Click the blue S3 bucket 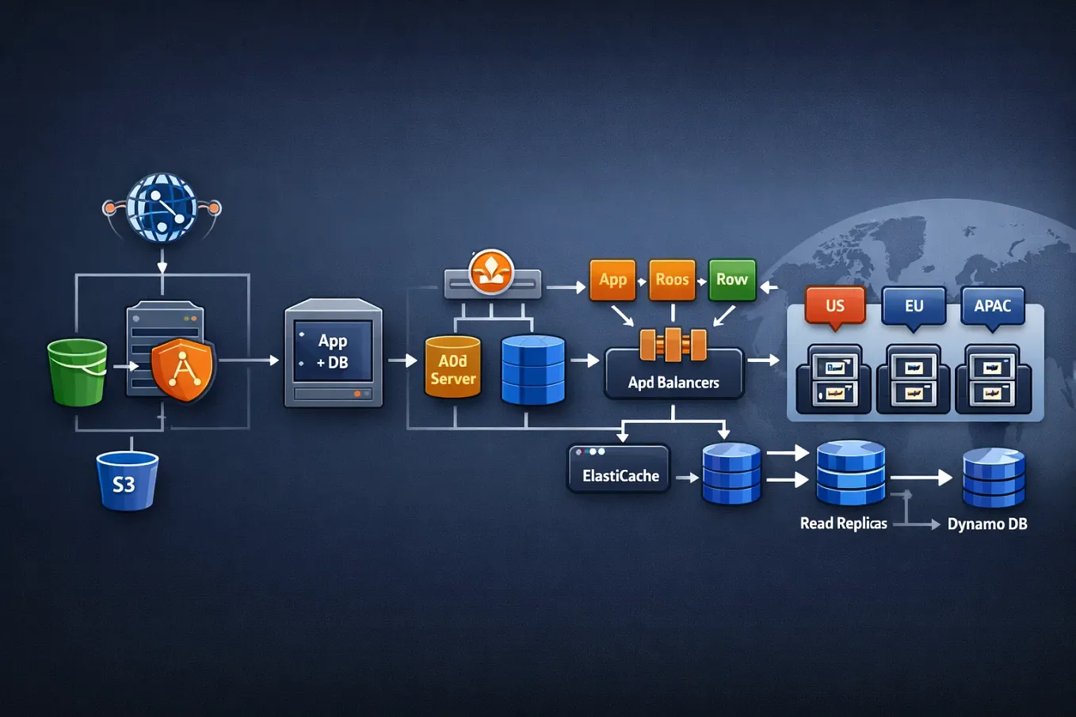tap(127, 481)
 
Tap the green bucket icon tap(77, 372)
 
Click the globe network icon tap(162, 208)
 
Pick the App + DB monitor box tap(334, 353)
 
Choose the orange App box tap(612, 280)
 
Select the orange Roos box tap(672, 280)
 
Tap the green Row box tap(731, 280)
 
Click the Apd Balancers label tap(673, 383)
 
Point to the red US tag tap(835, 306)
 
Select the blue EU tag tap(914, 306)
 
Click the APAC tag tap(992, 306)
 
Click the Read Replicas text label tap(843, 524)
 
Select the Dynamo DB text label tap(987, 524)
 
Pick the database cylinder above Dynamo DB tap(994, 477)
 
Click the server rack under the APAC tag tap(993, 379)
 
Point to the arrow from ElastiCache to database tap(686, 478)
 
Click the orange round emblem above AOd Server tap(491, 272)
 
